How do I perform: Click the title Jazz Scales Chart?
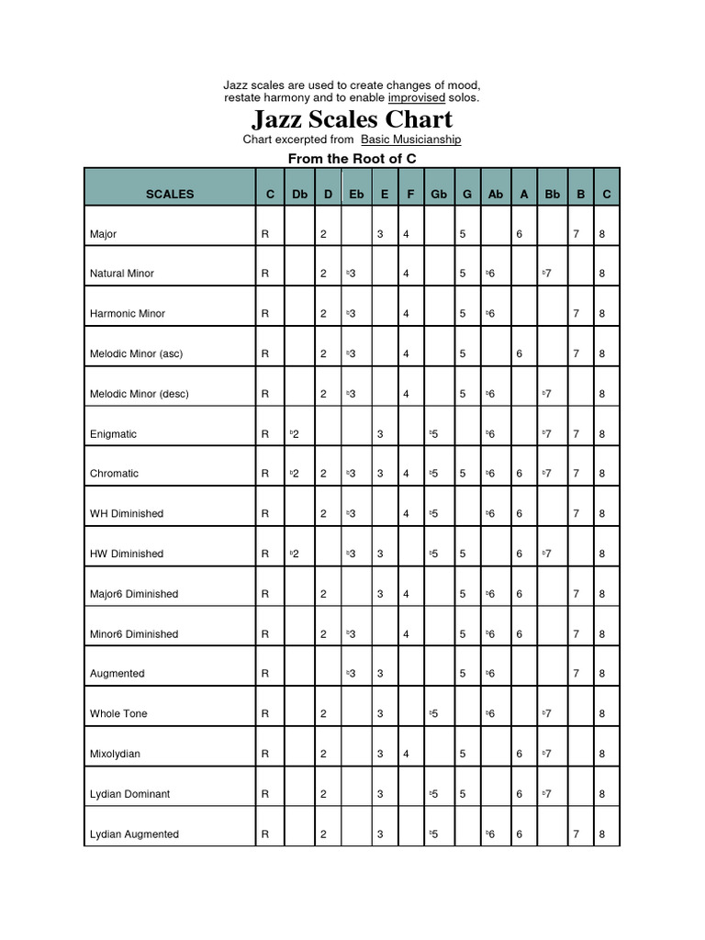click(x=352, y=119)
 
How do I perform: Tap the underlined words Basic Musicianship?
click(x=410, y=140)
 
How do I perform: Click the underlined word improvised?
click(x=417, y=97)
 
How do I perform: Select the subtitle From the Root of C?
click(x=352, y=159)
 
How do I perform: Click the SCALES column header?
click(x=170, y=194)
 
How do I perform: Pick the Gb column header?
click(x=439, y=194)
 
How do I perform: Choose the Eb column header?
click(x=356, y=194)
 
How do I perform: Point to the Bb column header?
click(x=552, y=194)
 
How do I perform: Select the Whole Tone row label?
click(x=118, y=713)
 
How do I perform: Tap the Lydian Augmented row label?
click(x=134, y=834)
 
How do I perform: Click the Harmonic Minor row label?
click(x=128, y=313)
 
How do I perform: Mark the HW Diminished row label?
click(x=127, y=554)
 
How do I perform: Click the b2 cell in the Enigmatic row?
click(x=295, y=433)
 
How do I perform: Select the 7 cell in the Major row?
click(x=576, y=234)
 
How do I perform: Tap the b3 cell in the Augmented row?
click(x=351, y=673)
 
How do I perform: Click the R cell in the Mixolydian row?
click(x=265, y=754)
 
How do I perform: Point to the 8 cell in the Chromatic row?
click(x=602, y=474)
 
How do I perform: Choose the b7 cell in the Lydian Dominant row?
click(x=547, y=793)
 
